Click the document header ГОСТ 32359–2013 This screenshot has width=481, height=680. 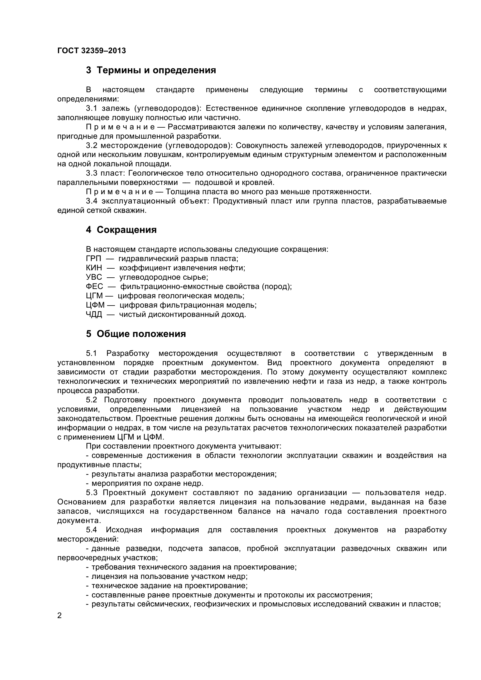tap(91, 51)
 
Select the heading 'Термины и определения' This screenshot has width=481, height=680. tap(156, 70)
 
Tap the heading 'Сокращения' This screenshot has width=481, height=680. tap(127, 230)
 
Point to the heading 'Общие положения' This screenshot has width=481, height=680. tap(141, 334)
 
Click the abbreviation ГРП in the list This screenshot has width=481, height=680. tap(93, 259)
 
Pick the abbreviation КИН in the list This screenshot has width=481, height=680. tap(94, 268)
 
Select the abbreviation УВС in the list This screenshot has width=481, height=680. tap(94, 277)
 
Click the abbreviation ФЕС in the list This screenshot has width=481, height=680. tap(94, 287)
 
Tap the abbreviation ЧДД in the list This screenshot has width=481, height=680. tap(94, 315)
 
